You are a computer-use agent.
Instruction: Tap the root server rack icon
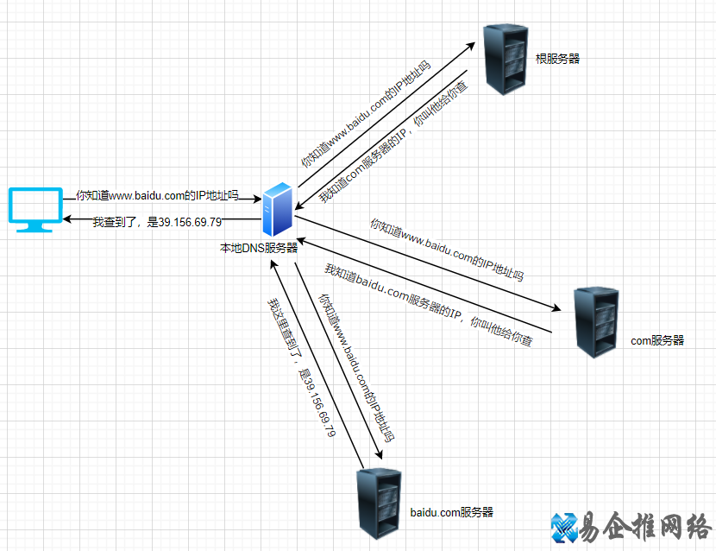click(505, 59)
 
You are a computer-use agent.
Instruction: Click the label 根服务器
click(558, 59)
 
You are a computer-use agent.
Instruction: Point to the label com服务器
click(657, 340)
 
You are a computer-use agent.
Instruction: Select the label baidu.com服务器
click(451, 512)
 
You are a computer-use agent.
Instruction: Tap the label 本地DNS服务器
click(259, 248)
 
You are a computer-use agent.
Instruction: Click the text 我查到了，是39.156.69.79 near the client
click(157, 222)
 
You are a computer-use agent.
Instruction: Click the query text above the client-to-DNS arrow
click(157, 195)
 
